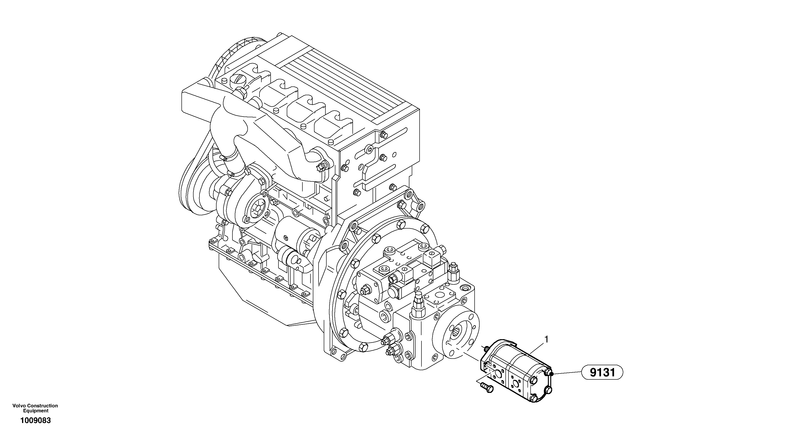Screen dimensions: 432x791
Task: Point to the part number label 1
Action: tap(546, 339)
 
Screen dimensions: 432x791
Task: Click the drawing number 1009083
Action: tap(36, 421)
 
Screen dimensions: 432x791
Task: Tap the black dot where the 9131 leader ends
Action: tap(551, 374)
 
